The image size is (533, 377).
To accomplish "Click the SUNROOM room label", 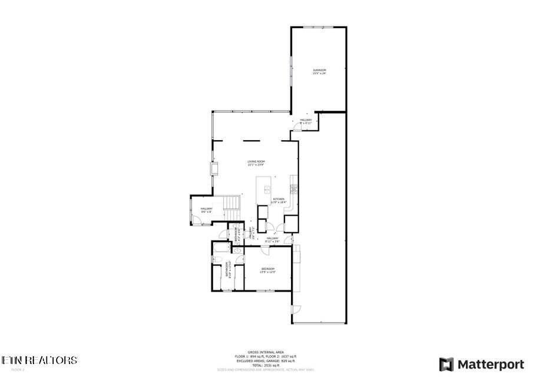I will tap(319, 72).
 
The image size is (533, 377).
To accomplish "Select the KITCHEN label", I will tap(278, 200).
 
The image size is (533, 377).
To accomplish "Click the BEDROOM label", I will tap(268, 270).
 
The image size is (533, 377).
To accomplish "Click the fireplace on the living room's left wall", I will tap(215, 170).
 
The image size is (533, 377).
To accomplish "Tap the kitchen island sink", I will tap(267, 188).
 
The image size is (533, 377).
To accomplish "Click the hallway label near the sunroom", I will tap(306, 121).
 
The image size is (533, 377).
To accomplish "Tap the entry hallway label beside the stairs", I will tap(206, 210).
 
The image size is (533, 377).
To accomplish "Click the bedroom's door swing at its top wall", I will tap(266, 251).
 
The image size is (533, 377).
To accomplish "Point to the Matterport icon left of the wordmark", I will tap(446, 363).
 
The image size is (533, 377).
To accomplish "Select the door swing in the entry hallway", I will tap(198, 221).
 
